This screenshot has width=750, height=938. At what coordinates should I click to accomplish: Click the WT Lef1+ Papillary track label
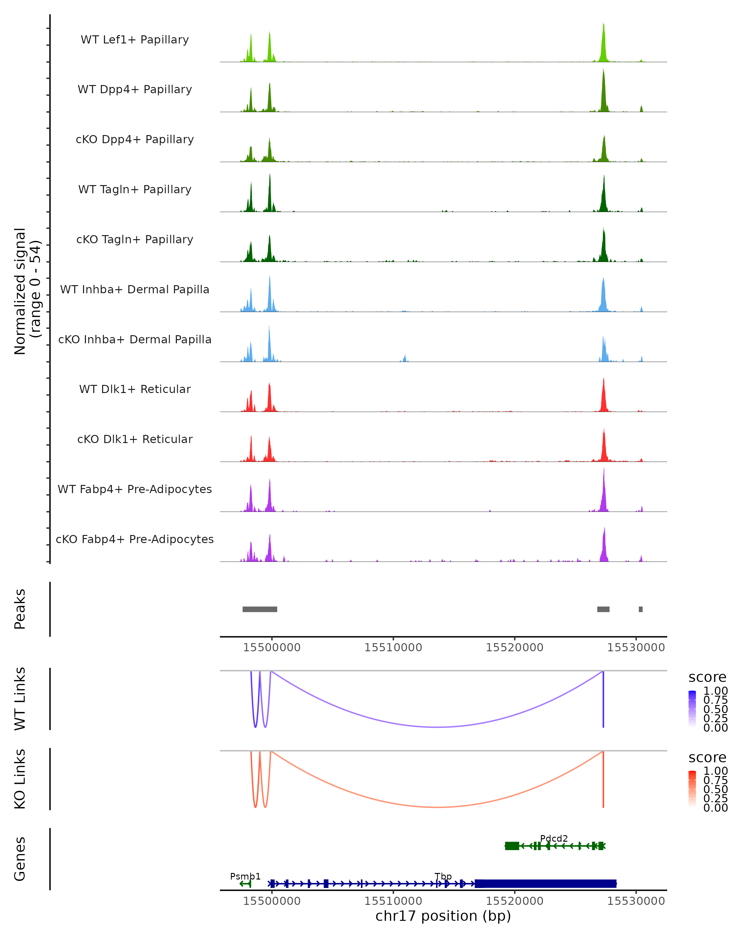tap(135, 40)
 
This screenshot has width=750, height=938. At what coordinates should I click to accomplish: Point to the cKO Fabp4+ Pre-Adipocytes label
tap(135, 539)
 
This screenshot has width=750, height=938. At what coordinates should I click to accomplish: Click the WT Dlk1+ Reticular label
tap(135, 389)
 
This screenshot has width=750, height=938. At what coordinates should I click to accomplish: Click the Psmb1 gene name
tap(245, 876)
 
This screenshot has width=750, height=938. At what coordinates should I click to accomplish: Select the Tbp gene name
tap(443, 876)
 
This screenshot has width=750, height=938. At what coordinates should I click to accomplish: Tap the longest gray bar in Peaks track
tap(260, 609)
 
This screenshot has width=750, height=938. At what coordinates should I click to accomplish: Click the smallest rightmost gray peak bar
tap(640, 609)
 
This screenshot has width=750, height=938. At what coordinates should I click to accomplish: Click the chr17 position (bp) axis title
tap(443, 916)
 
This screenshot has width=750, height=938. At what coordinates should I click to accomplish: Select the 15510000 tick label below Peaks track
tap(393, 648)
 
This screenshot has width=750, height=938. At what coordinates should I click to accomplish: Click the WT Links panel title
tap(20, 699)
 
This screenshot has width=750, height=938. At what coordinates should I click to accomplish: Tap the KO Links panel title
tap(20, 779)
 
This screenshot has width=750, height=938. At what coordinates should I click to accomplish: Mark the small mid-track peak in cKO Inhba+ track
tap(405, 358)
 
